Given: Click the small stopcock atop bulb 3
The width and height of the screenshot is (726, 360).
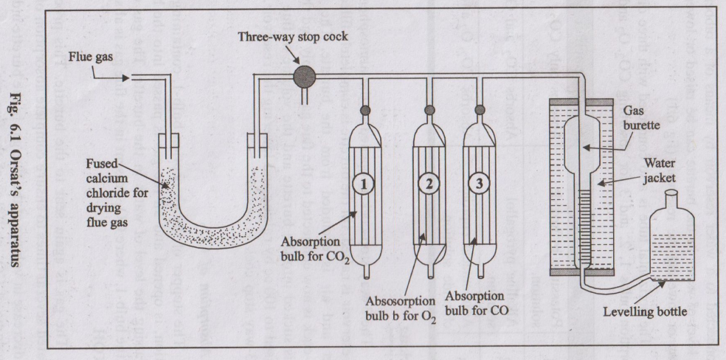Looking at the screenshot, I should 481,111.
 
